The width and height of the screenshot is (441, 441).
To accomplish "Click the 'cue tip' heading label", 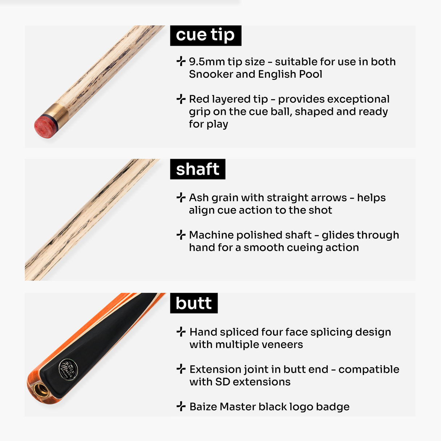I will pos(205,35).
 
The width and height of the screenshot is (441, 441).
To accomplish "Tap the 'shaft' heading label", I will pos(198,169).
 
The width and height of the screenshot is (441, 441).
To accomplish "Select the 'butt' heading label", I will pos(194,303).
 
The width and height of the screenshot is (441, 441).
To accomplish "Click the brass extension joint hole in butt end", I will pos(41,390).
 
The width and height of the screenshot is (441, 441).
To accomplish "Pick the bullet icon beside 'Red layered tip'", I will pos(181,99).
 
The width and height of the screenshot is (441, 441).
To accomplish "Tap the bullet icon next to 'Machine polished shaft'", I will pos(181,235).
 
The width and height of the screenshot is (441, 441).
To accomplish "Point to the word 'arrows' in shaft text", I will pos(329,198).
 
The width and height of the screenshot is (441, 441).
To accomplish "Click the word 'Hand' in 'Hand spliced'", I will pos(203,332).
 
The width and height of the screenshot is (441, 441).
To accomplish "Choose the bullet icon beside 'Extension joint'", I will pos(181,369).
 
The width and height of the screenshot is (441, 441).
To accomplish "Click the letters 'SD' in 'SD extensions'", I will pos(222,382).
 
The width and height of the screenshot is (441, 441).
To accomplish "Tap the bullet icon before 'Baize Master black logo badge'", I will pos(181,406).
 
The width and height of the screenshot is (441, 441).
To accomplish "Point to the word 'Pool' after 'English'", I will pos(311,74).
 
